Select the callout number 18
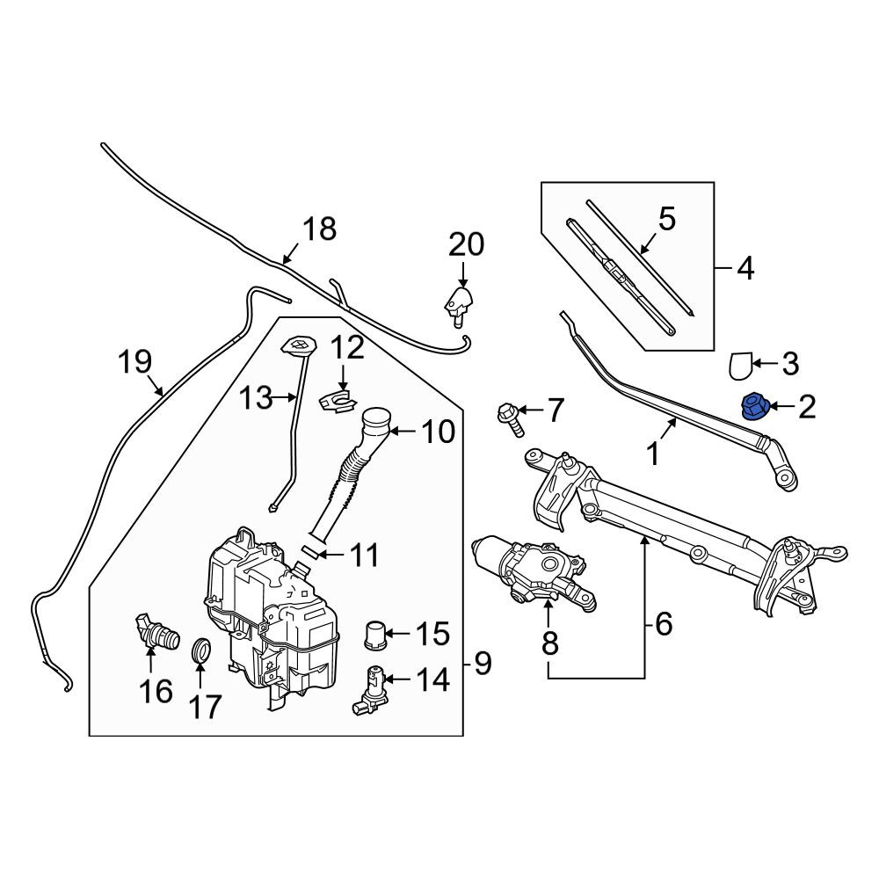(319, 229)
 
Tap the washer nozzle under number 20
(459, 306)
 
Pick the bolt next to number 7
(511, 418)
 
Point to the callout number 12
(347, 347)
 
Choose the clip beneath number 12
(338, 402)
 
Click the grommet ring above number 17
(201, 649)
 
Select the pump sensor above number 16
(157, 631)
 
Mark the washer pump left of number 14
(369, 691)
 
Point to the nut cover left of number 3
(739, 365)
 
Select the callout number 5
(666, 219)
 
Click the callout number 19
(135, 361)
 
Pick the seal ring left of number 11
(313, 550)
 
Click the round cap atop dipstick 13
(298, 345)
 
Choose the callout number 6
(663, 624)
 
